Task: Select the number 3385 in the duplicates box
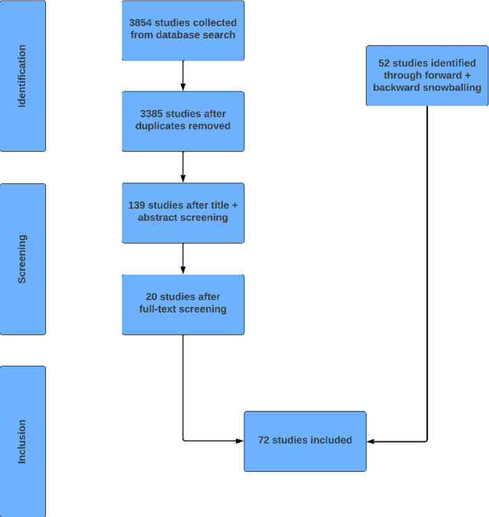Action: point(153,114)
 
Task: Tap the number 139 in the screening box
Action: point(138,205)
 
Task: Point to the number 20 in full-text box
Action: point(153,297)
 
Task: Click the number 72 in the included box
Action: point(265,440)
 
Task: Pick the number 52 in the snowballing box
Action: point(384,63)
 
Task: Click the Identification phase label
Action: point(22,76)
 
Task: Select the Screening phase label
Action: point(22,259)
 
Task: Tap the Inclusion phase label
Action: point(22,441)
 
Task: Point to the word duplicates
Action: point(163,126)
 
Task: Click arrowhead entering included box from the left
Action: point(239,441)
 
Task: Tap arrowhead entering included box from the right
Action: point(371,441)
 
